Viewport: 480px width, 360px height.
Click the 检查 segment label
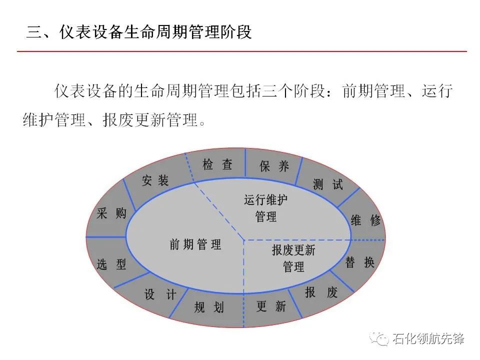click(x=217, y=165)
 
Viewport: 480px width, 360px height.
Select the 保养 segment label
click(x=274, y=166)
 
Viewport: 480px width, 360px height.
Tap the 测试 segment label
click(x=328, y=184)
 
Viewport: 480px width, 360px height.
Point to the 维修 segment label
click(x=365, y=220)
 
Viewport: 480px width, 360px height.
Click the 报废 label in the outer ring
click(x=321, y=292)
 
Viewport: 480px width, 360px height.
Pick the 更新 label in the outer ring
click(x=271, y=306)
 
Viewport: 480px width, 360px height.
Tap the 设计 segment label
click(x=160, y=295)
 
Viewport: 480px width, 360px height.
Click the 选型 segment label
click(x=111, y=264)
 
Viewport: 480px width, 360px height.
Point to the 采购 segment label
click(x=111, y=214)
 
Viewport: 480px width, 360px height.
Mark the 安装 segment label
click(x=155, y=180)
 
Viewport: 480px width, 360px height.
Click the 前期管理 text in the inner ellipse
click(x=195, y=244)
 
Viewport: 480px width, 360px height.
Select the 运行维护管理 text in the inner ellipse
click(x=265, y=208)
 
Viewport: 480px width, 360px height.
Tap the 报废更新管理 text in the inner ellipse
click(x=293, y=258)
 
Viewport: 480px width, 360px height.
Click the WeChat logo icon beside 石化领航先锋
click(x=381, y=339)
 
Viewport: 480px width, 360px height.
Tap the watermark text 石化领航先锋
click(x=428, y=339)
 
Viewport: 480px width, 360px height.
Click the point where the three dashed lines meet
click(x=243, y=240)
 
